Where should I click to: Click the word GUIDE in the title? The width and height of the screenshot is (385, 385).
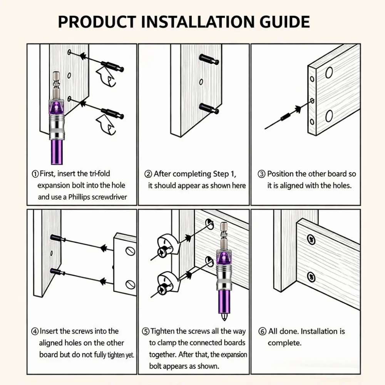coord(285,22)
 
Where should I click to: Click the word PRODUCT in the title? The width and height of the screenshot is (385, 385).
coord(97,22)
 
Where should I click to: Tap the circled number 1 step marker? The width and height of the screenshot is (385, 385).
coord(35,174)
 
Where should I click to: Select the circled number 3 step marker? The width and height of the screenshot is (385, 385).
coord(261,174)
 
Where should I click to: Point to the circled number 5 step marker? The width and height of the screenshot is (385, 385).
coord(146,331)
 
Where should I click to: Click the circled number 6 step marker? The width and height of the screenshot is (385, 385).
coord(262,331)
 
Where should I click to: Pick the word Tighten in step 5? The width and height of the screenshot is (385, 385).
coord(162,331)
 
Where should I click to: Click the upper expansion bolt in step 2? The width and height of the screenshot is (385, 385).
coord(209,59)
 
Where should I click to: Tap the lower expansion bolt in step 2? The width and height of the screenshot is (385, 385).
coord(209,109)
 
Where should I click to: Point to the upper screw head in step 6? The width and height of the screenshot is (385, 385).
coord(311,239)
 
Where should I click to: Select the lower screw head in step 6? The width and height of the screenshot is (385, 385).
coord(311,277)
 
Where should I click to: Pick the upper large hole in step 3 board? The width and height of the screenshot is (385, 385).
coord(329,73)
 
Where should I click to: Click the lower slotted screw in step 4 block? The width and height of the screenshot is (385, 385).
coord(130,285)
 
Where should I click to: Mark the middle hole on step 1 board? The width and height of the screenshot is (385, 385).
coord(69,75)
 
